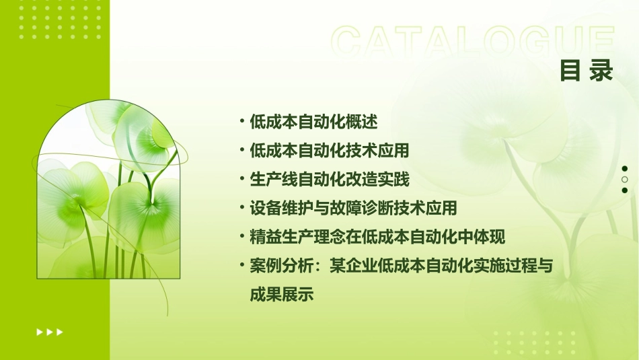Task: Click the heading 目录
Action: click(587, 71)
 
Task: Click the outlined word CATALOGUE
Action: click(473, 42)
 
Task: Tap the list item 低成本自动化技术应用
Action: click(329, 151)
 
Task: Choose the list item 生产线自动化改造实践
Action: click(329, 180)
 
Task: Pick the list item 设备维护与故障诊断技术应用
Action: click(353, 209)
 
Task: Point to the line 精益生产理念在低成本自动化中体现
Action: click(377, 238)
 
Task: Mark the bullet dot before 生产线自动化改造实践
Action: click(241, 179)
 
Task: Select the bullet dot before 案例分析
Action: click(241, 266)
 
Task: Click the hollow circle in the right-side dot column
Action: click(624, 180)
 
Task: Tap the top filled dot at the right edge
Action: click(624, 169)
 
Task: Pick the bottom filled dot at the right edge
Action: click(624, 190)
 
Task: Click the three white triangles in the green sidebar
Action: click(50, 332)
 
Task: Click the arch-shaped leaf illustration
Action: click(108, 195)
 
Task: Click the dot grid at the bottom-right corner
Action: click(538, 343)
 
